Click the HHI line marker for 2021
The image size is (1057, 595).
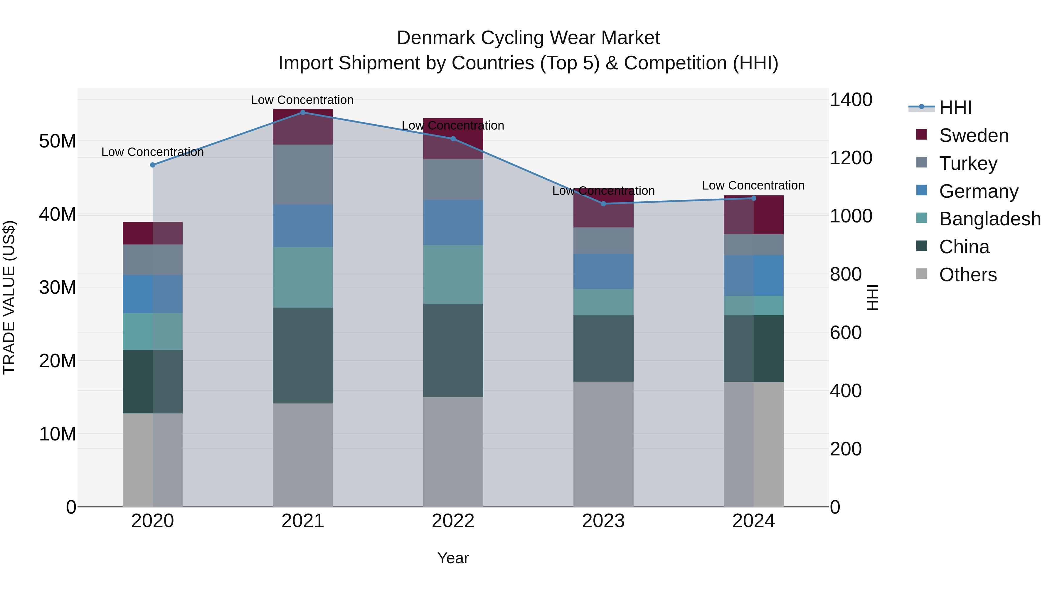point(303,113)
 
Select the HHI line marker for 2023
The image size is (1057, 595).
point(603,204)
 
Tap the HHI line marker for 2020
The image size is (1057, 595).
point(153,165)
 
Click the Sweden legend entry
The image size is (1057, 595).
point(973,135)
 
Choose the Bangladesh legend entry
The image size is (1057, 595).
point(989,219)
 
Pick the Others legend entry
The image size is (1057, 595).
point(967,275)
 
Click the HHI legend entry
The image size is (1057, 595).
point(955,108)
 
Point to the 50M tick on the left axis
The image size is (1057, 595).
point(58,141)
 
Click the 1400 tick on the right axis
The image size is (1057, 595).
point(851,100)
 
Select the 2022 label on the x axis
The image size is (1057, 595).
point(453,521)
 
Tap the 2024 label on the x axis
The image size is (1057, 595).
point(753,521)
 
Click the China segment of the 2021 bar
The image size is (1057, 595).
point(303,355)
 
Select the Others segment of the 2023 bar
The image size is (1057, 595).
point(603,444)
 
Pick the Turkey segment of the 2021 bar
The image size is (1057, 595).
point(303,175)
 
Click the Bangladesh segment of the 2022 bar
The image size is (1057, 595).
point(453,274)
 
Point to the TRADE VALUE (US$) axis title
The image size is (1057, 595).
point(9,297)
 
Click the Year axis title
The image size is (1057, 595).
point(453,558)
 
